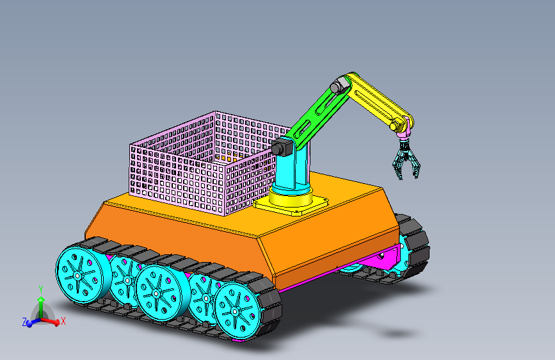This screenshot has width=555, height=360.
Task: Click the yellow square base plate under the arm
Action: pos(291,204)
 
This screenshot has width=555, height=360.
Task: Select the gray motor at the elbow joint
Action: pos(337,85)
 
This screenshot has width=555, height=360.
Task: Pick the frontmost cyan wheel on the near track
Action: pos(236,311)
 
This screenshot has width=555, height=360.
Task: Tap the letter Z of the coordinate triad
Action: pos(24,322)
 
